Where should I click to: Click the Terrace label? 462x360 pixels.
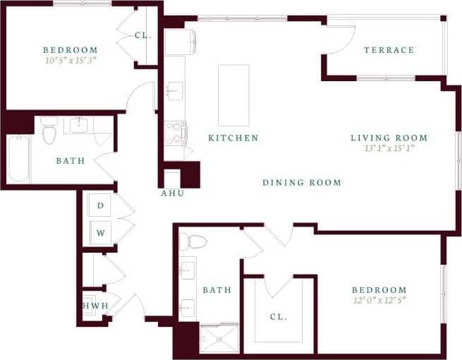(x=389, y=50)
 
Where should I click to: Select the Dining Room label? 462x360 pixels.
(x=302, y=183)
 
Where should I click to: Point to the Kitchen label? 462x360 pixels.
(x=233, y=138)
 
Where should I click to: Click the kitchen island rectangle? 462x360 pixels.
(x=233, y=95)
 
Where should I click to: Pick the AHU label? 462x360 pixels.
(x=173, y=193)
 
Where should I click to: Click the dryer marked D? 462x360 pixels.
(x=101, y=205)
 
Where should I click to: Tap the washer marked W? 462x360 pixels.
(x=101, y=232)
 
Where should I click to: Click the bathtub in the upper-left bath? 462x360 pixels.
(x=19, y=159)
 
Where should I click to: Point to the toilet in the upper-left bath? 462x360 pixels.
(x=49, y=132)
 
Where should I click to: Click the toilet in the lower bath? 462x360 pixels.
(x=192, y=242)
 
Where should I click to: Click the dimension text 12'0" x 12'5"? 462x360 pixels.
(x=379, y=300)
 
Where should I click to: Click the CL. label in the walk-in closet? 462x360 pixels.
(x=279, y=317)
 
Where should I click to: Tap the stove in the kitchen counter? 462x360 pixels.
(x=175, y=133)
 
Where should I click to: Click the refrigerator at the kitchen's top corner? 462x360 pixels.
(x=176, y=42)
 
